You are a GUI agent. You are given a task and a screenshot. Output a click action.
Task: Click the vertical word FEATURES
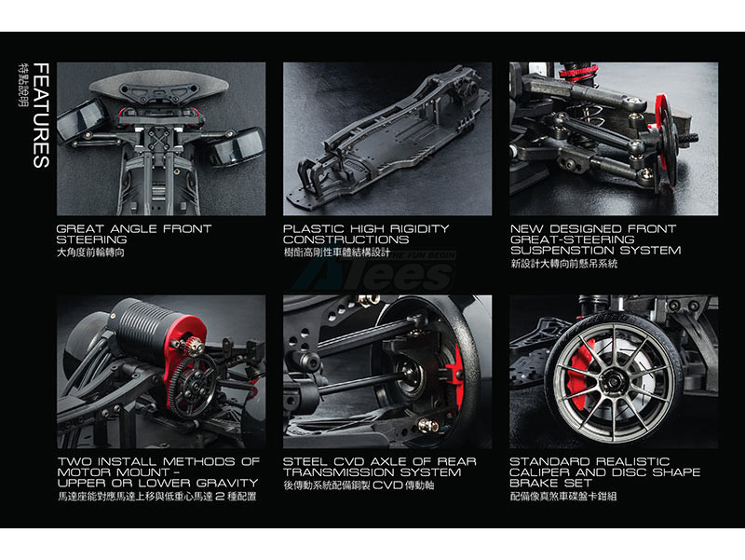(x=41, y=116)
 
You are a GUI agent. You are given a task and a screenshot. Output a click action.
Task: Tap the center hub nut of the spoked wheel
(x=614, y=381)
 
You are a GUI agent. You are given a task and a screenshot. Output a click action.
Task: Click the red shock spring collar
(x=578, y=73)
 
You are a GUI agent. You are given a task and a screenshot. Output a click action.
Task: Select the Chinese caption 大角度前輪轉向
(x=90, y=253)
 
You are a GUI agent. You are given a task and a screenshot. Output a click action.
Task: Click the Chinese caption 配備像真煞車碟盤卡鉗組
(x=563, y=497)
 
